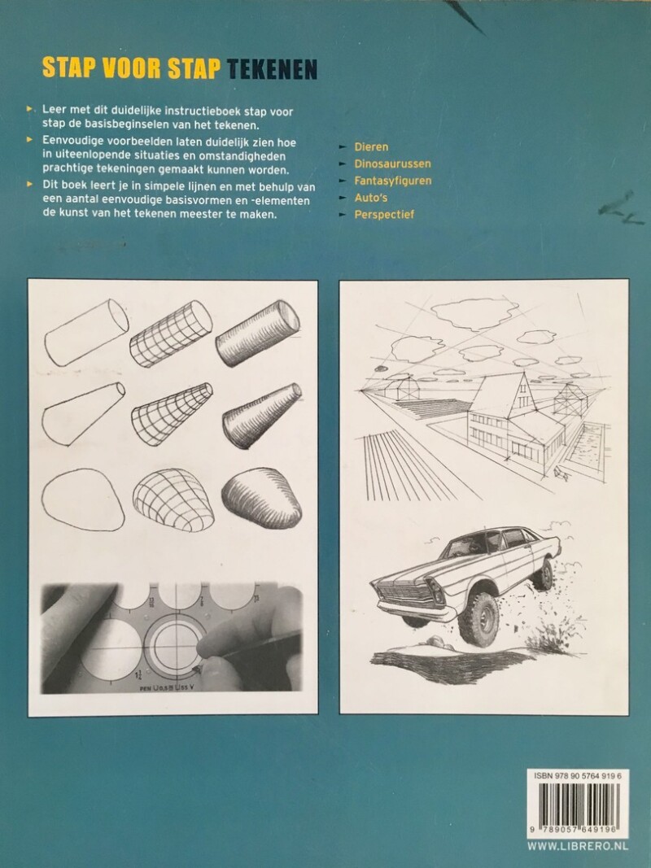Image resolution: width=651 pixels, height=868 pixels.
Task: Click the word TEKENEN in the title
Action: click(273, 68)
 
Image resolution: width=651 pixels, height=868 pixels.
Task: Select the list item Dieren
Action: click(371, 146)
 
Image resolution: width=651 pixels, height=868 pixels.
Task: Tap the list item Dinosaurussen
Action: click(392, 164)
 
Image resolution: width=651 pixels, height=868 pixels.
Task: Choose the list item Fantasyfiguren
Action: click(393, 181)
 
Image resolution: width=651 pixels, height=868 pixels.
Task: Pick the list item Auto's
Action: click(371, 198)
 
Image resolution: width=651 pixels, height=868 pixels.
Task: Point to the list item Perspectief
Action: click(384, 214)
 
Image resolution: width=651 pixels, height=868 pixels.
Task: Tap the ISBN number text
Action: click(578, 777)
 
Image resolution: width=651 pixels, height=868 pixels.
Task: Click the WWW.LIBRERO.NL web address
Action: click(578, 846)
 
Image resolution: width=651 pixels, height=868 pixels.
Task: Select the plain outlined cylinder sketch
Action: click(86, 333)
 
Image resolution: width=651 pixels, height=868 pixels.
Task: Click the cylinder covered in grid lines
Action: click(171, 334)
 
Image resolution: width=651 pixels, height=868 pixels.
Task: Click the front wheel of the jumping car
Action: click(478, 619)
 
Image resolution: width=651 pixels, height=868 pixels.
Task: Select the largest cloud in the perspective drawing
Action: click(475, 312)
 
